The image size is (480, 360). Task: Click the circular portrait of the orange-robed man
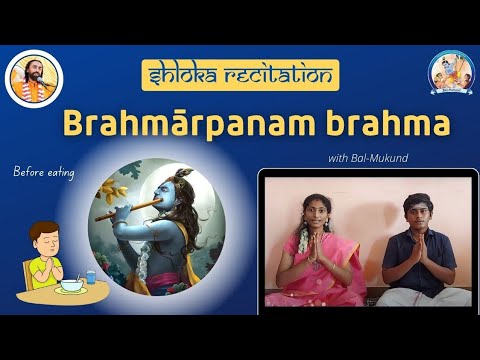(x=34, y=78)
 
